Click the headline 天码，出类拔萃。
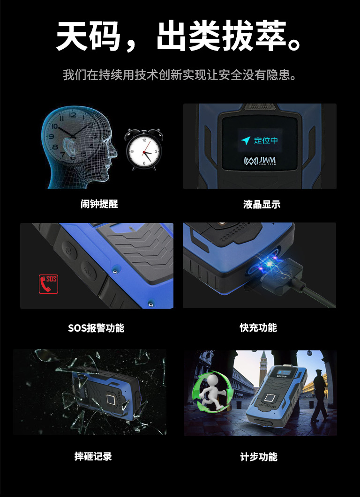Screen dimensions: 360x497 (x=179, y=36)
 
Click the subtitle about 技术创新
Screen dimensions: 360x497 (x=180, y=75)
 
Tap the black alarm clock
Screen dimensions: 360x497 (x=144, y=149)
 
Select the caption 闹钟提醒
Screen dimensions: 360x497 (x=99, y=204)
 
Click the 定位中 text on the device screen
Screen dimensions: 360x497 (x=266, y=140)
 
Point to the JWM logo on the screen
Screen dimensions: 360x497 (x=260, y=161)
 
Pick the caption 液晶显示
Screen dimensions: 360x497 (x=262, y=204)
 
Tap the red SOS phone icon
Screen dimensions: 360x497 (x=49, y=284)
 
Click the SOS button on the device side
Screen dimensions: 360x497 (x=88, y=270)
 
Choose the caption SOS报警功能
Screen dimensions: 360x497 (x=96, y=328)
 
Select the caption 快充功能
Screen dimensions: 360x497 (x=258, y=327)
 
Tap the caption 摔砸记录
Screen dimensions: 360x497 (x=93, y=456)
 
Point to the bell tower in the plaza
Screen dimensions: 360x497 (x=263, y=368)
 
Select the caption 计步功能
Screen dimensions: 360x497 (x=259, y=457)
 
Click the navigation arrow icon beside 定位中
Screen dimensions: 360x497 (x=246, y=141)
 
